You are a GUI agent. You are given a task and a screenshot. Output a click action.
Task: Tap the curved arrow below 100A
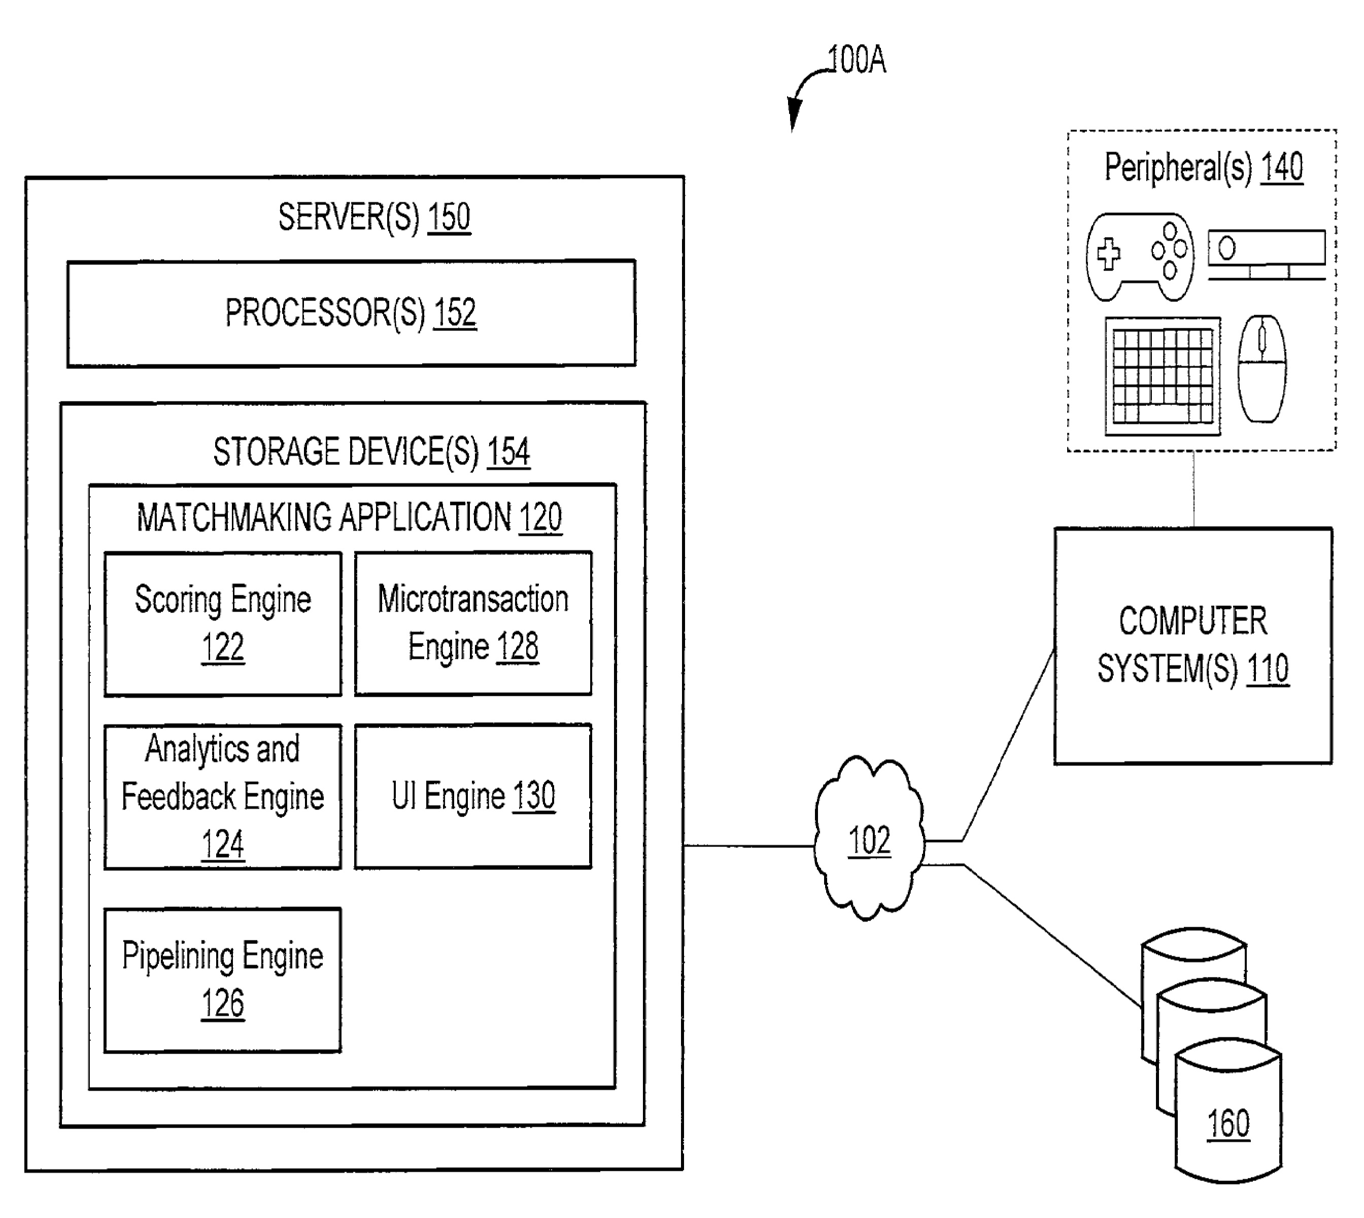(x=803, y=94)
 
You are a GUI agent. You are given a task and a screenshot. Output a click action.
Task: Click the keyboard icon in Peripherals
(x=1163, y=376)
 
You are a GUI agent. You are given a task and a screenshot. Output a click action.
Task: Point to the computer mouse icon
(x=1261, y=369)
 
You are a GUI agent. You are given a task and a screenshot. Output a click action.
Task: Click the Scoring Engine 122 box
(x=223, y=624)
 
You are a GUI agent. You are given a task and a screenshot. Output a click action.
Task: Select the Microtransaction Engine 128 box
(x=473, y=623)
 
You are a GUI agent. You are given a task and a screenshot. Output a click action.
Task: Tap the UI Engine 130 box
(x=473, y=796)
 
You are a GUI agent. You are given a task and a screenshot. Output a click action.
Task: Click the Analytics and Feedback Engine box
(x=223, y=796)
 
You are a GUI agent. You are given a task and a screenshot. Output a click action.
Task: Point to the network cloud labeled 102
(x=869, y=839)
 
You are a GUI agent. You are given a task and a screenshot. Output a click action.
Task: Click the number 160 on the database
(x=1228, y=1124)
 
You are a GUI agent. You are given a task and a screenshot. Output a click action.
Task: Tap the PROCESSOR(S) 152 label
(x=351, y=313)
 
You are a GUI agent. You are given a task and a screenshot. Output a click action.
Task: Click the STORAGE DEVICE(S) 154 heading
(x=371, y=451)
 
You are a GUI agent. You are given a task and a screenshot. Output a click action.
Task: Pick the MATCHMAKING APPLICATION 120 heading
(x=349, y=517)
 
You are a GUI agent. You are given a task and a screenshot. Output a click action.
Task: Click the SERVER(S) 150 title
(x=374, y=217)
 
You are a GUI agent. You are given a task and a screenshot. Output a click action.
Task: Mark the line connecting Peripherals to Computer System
(x=1194, y=489)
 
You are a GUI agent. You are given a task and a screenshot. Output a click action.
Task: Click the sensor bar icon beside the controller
(x=1266, y=255)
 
